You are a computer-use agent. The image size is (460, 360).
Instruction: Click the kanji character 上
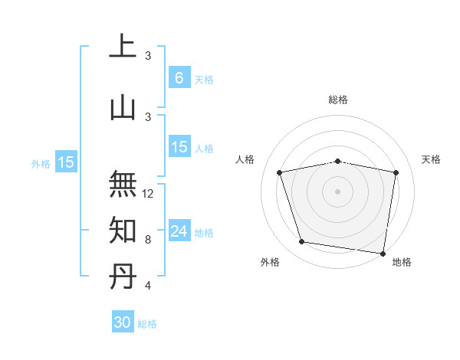[x=123, y=47]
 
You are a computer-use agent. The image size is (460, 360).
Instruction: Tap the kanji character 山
[x=123, y=108]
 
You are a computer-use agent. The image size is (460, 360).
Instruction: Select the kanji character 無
[x=123, y=183]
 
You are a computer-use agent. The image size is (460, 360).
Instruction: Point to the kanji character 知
[x=123, y=230]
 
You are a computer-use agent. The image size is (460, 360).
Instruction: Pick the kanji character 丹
[x=123, y=277]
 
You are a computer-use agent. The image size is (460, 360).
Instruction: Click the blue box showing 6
[x=179, y=78]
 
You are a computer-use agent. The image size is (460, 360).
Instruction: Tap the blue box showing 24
[x=179, y=231]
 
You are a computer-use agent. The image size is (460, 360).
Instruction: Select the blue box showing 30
[x=123, y=322]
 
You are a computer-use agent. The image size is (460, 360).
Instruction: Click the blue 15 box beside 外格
[x=66, y=162]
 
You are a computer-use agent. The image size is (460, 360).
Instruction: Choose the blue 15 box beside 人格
[x=179, y=147]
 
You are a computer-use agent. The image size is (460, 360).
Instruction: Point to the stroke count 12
[x=148, y=194]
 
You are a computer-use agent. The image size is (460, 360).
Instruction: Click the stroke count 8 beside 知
[x=148, y=240]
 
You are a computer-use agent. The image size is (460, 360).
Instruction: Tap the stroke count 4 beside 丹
[x=148, y=286]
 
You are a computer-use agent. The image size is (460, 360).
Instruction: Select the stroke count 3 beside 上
[x=148, y=56]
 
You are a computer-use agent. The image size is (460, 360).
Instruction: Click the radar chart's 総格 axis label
[x=338, y=100]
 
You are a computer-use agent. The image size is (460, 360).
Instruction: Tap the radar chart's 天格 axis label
[x=432, y=159]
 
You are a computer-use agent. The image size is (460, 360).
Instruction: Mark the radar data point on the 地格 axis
[x=383, y=253]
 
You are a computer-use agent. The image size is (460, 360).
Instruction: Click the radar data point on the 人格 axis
[x=280, y=172]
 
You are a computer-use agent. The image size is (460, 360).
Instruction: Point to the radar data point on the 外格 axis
[x=302, y=242]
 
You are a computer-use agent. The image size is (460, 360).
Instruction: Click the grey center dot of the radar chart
[x=338, y=191]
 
